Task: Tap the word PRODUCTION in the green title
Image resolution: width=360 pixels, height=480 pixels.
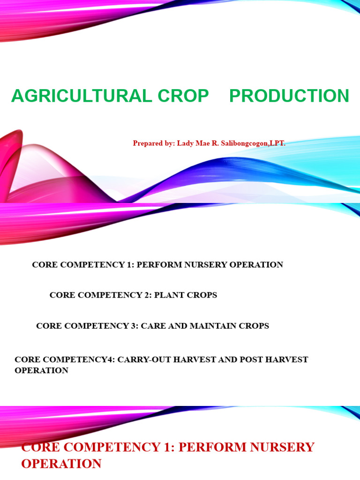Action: [289, 96]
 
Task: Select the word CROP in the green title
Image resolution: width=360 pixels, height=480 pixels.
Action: [183, 96]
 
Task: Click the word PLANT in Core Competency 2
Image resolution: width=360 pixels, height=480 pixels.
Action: [170, 295]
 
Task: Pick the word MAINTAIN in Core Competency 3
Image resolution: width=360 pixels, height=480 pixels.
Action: [223, 326]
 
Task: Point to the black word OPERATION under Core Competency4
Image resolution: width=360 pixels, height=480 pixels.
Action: [41, 370]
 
